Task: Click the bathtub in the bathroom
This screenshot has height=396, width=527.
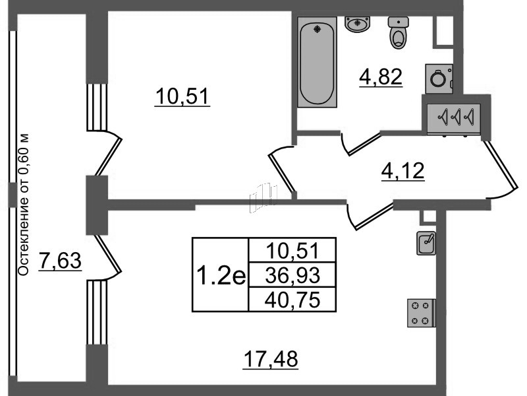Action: coord(317,62)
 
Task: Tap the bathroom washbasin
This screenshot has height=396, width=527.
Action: coord(357,24)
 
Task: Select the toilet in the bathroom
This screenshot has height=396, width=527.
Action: coord(399,32)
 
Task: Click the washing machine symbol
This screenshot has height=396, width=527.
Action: coord(439,79)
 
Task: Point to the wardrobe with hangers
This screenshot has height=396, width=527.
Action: coord(454,119)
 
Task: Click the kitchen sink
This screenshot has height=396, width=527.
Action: coord(426,243)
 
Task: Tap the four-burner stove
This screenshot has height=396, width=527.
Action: coord(422,313)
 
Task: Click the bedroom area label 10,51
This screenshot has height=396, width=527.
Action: coord(182,96)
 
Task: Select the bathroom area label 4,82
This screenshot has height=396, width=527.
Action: coord(381,77)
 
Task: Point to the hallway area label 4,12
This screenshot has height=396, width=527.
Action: coord(403,171)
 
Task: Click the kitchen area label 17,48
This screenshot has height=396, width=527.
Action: coord(271,359)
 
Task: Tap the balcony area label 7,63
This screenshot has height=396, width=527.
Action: coord(60,261)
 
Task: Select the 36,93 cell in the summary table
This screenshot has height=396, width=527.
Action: coord(292,275)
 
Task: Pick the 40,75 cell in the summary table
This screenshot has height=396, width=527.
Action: coord(292,300)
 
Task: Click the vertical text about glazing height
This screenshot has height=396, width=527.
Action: coord(23,205)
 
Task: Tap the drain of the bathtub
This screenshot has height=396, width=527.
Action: coord(318,29)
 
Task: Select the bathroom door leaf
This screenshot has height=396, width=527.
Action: coord(364,144)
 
